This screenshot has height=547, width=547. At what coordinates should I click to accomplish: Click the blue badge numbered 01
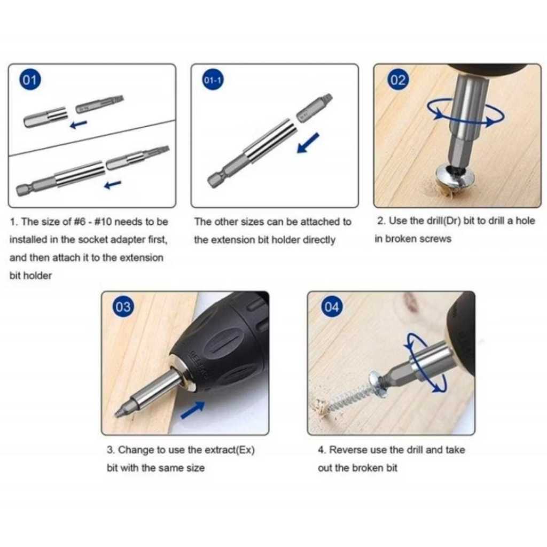click(30, 80)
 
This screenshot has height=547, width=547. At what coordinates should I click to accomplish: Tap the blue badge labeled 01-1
click(213, 80)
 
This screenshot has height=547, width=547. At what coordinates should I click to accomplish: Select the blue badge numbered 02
click(397, 80)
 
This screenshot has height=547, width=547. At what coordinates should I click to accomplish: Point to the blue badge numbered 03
click(123, 307)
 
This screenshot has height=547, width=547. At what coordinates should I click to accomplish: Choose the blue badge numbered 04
click(331, 307)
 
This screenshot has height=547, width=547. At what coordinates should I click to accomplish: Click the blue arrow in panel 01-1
click(308, 143)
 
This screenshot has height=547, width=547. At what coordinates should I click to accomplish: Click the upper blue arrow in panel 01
click(79, 124)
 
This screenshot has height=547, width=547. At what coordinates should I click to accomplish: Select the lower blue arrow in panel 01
click(113, 184)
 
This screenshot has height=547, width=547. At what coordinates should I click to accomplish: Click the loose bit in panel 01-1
click(314, 108)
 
